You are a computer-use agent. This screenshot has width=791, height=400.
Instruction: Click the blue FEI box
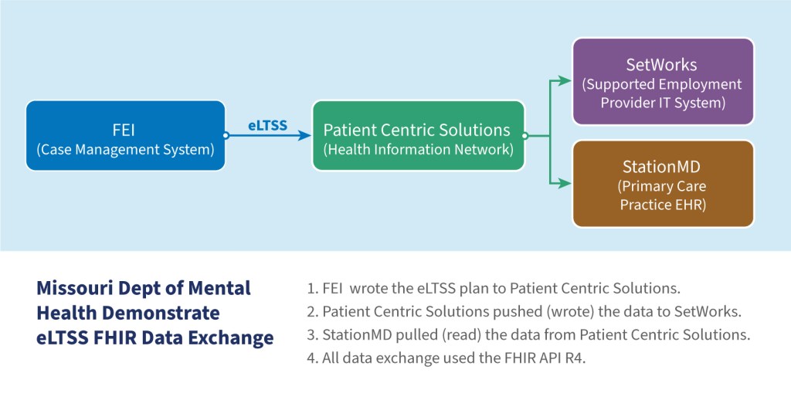coord(125,136)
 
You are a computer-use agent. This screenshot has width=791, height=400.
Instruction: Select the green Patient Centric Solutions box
coord(418,136)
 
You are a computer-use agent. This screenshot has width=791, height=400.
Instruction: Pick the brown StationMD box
coord(662,184)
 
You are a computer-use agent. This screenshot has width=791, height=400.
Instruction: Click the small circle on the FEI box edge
coord(226,136)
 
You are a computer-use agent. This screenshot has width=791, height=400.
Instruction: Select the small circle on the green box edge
coord(525,136)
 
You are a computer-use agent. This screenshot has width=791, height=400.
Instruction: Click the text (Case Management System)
coord(125,150)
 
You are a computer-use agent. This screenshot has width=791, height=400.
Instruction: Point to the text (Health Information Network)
coord(418,150)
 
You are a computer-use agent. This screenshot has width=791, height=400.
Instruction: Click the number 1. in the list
coord(312,289)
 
